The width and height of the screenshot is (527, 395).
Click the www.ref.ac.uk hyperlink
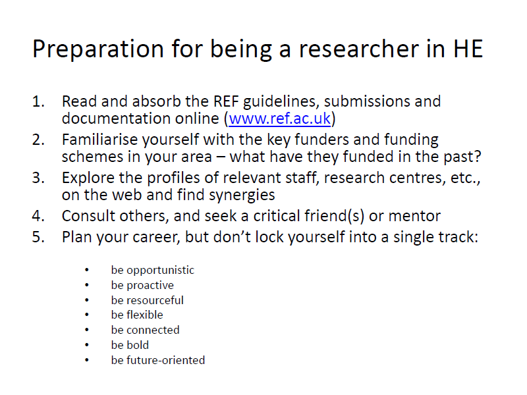pyautogui.click(x=279, y=118)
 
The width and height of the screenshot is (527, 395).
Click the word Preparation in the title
pyautogui.click(x=97, y=49)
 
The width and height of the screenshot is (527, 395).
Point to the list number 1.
pyautogui.click(x=38, y=101)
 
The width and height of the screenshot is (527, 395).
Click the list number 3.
pyautogui.click(x=38, y=178)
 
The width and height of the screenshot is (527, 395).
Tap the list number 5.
pyautogui.click(x=38, y=237)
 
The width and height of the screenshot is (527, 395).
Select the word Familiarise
pyautogui.click(x=100, y=140)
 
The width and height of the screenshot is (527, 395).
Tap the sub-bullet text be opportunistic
pyautogui.click(x=153, y=271)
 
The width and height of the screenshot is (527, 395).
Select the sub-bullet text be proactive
pyautogui.click(x=142, y=286)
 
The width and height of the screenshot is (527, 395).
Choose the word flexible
pyautogui.click(x=145, y=315)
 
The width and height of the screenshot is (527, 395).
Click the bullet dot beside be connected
pyautogui.click(x=87, y=330)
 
